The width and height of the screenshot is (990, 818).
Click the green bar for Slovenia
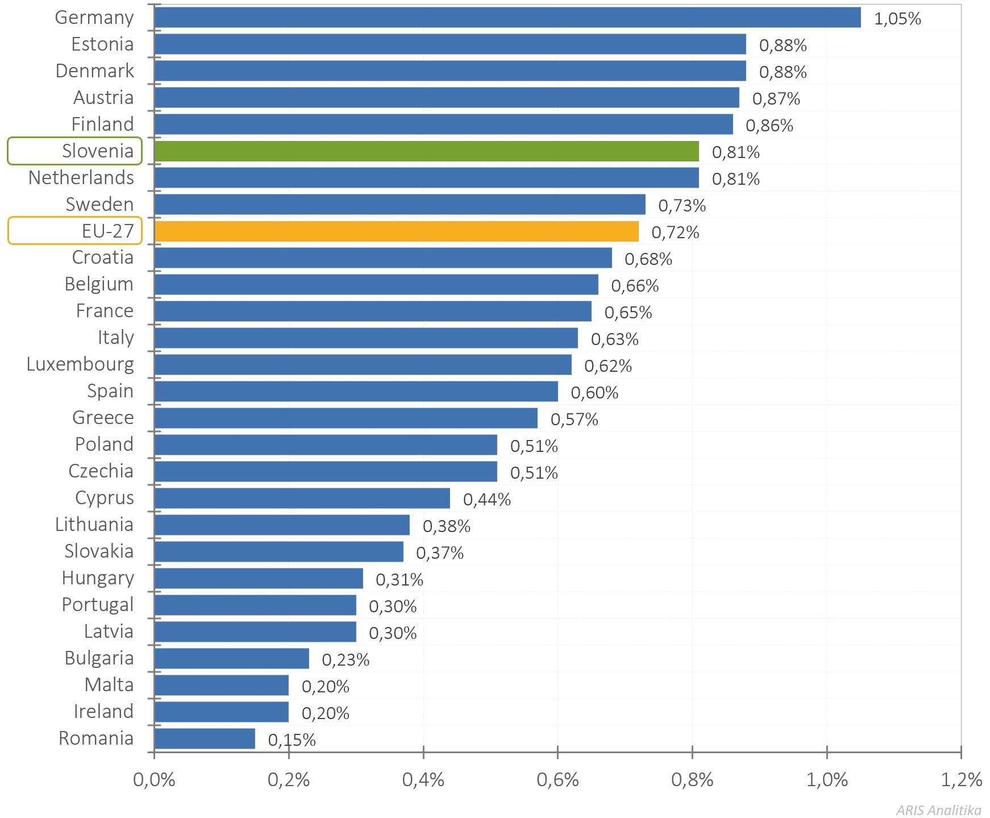pos(426,151)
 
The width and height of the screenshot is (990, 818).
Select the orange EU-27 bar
pos(396,231)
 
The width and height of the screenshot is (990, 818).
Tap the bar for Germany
pos(507,18)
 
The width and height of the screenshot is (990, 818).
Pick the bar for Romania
pos(205,738)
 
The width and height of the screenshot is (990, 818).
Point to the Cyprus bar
pos(302,499)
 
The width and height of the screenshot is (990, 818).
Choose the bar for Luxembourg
pos(363,365)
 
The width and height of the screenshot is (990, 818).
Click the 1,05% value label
pos(897,19)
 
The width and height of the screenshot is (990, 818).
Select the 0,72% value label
pos(675,232)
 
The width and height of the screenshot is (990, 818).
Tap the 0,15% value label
pos(292,740)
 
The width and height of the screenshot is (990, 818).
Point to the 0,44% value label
pos(486,500)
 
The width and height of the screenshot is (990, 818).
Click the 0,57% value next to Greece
pos(574,420)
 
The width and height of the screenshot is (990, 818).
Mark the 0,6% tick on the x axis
pos(558,780)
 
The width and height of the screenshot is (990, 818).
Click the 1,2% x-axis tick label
pos(961,780)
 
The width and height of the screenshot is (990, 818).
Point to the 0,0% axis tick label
pos(154,780)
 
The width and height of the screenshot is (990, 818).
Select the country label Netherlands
pos(81,178)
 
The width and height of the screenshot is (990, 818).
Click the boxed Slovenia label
pos(75,151)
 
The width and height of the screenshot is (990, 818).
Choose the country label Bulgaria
pos(99,658)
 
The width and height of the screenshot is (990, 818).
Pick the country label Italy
pos(115,338)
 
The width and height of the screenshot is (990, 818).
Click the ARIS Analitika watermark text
pos(938,810)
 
